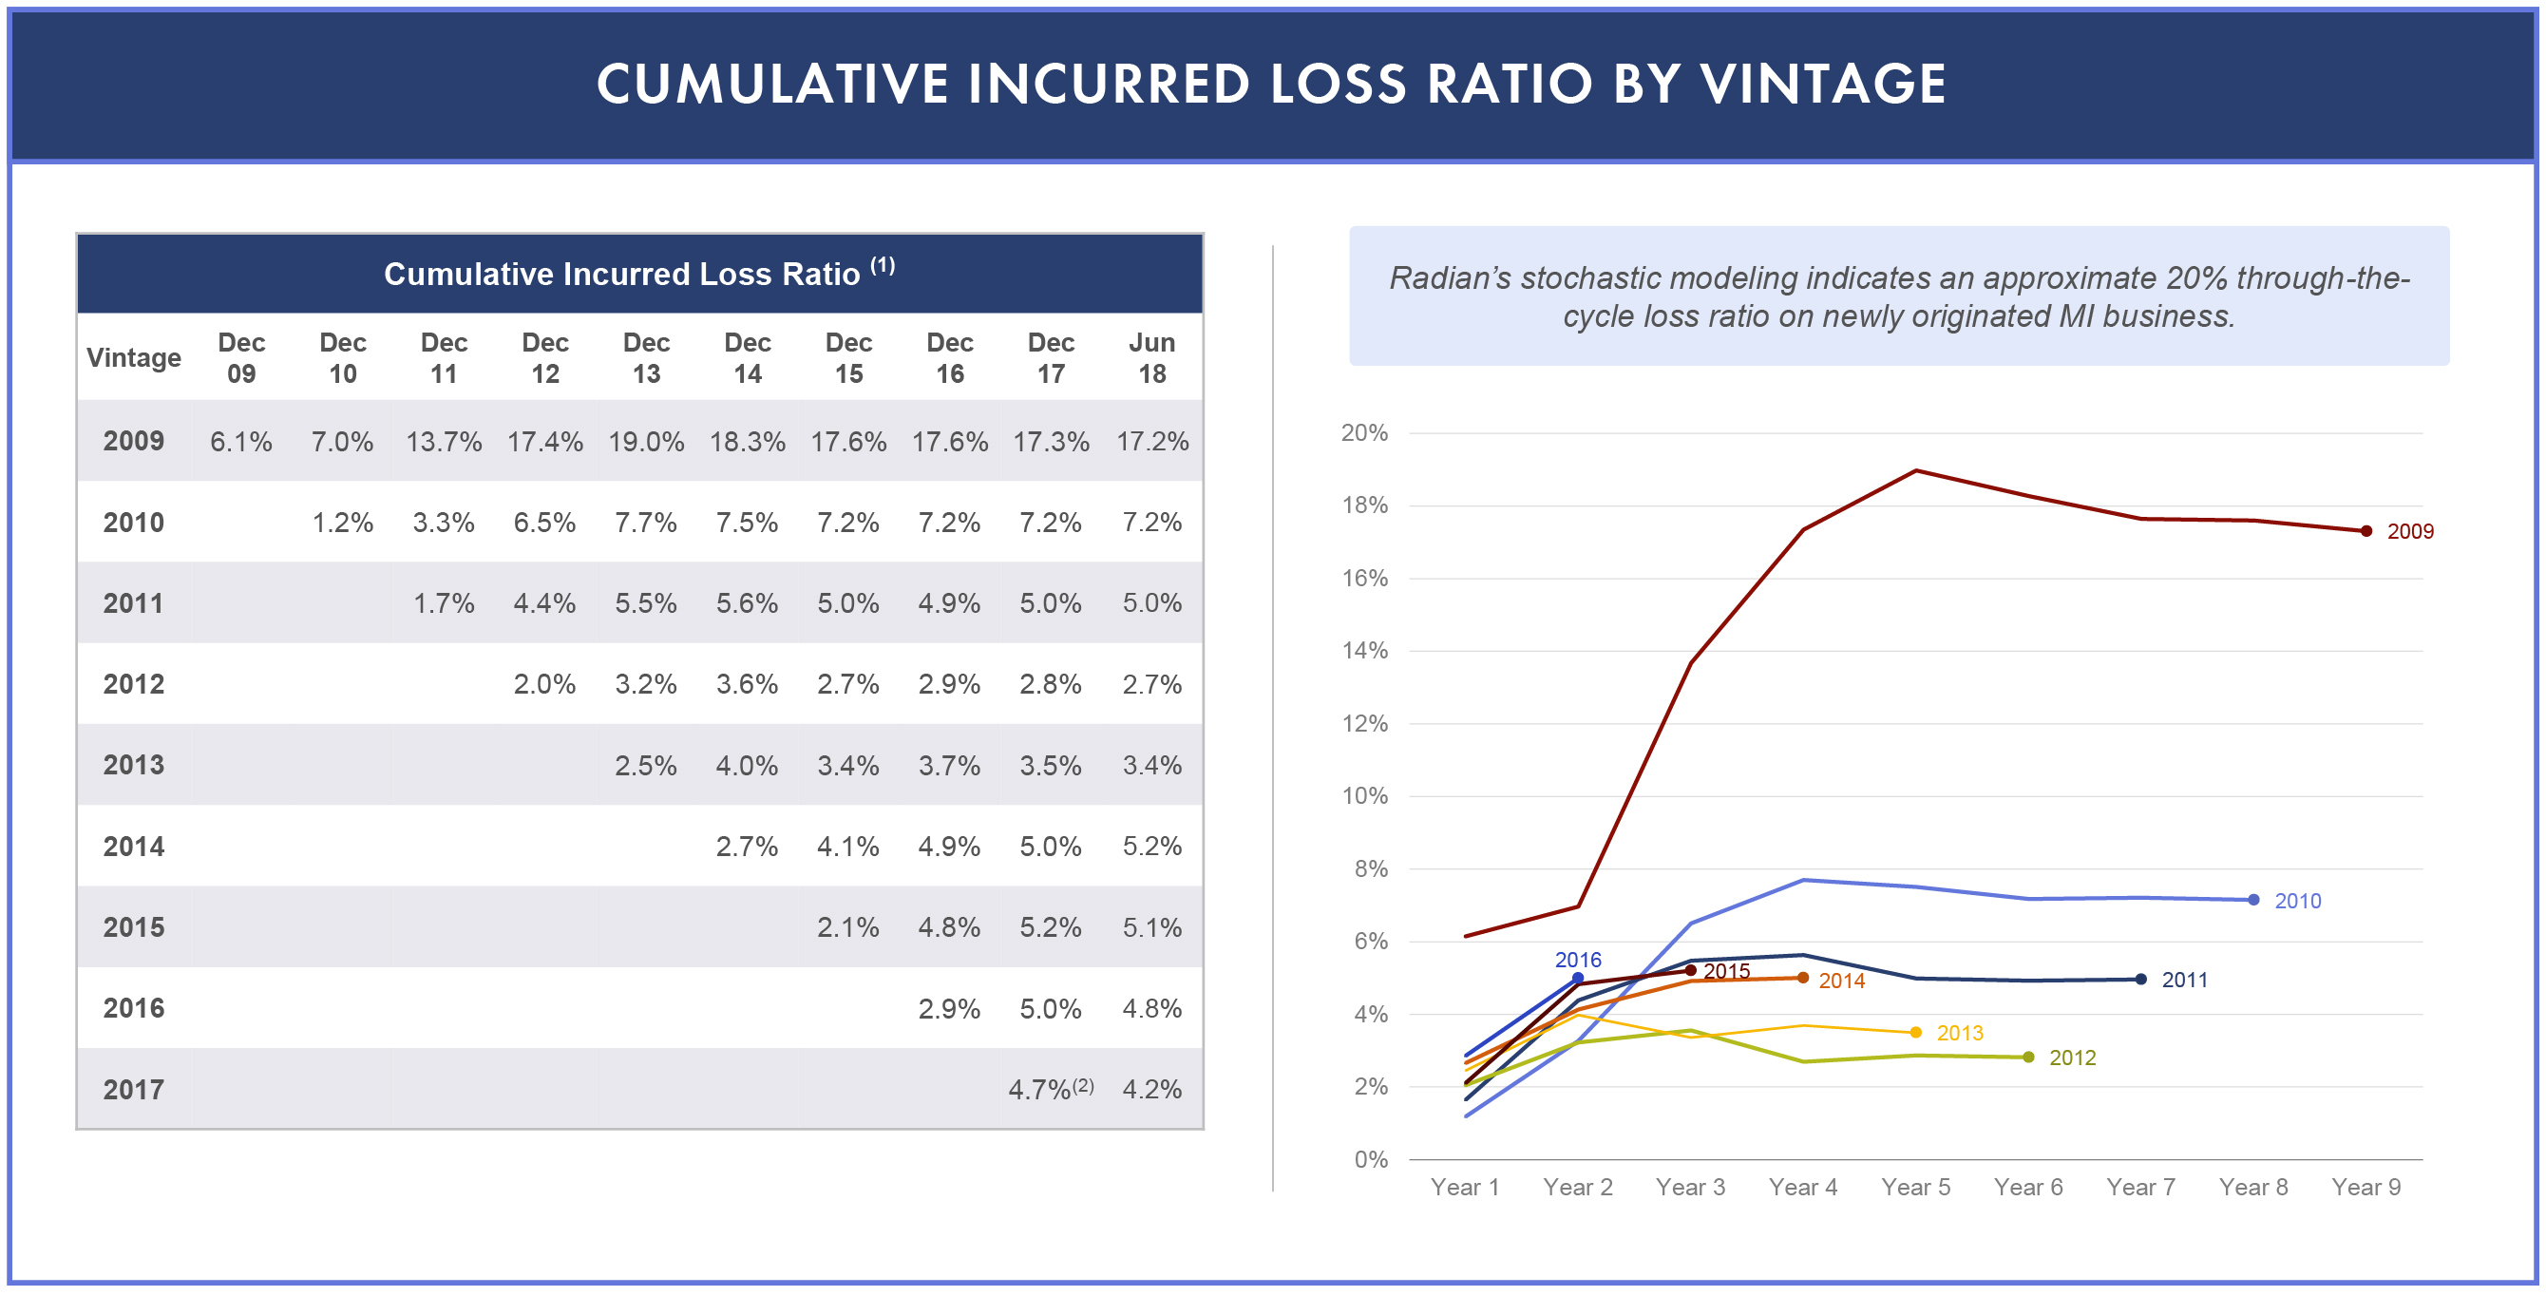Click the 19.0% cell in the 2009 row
pyautogui.click(x=645, y=441)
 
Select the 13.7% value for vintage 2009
pyautogui.click(x=444, y=441)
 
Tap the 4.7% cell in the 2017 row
pyautogui.click(x=1039, y=1089)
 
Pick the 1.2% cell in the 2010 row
pyautogui.click(x=342, y=522)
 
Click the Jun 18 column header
pyautogui.click(x=1151, y=358)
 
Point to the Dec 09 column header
pyautogui.click(x=241, y=358)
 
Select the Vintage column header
pyautogui.click(x=133, y=358)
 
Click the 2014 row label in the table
pyautogui.click(x=133, y=847)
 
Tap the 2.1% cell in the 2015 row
pyautogui.click(x=847, y=927)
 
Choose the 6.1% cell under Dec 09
pyautogui.click(x=241, y=441)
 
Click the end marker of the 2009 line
pyautogui.click(x=2366, y=531)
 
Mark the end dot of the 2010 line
pyautogui.click(x=2253, y=900)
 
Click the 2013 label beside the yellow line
pyautogui.click(x=1960, y=1033)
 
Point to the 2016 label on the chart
pyautogui.click(x=1577, y=960)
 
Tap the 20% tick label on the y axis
pyautogui.click(x=1364, y=433)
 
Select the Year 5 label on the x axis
pyautogui.click(x=1915, y=1188)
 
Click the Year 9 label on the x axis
pyautogui.click(x=2366, y=1188)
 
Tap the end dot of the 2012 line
pyautogui.click(x=2028, y=1057)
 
